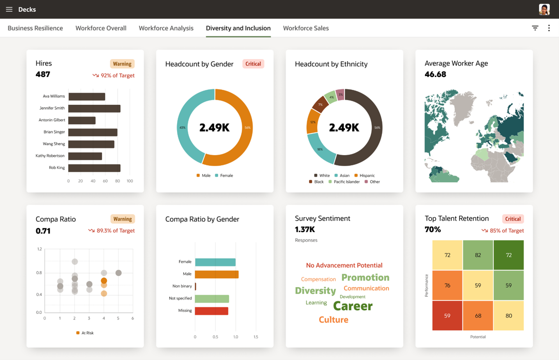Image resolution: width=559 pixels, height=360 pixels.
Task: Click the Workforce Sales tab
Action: coord(305,28)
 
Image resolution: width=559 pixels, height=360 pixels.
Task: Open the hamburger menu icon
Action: coord(9,9)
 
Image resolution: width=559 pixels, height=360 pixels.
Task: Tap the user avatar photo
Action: coord(544,9)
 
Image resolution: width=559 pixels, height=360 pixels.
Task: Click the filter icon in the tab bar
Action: coord(535,28)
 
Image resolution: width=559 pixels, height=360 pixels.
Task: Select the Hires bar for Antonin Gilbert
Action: coord(82,120)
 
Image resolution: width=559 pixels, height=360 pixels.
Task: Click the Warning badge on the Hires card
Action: coord(122,64)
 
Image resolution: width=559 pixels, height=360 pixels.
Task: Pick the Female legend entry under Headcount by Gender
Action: coord(224,176)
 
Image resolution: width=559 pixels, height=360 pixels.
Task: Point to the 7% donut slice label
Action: coord(320,105)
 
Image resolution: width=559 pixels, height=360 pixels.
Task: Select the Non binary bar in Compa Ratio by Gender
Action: coord(196,286)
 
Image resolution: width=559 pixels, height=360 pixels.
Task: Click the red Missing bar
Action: coord(211,311)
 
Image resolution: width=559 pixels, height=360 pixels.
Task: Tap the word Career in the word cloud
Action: coord(353,306)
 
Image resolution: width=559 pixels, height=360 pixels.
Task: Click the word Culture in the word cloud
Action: coord(333,319)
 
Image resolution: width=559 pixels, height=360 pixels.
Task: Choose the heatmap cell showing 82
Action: coord(478,255)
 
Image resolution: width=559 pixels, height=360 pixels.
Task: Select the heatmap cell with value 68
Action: coord(478,315)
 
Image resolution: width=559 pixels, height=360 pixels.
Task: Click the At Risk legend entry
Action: coord(85,333)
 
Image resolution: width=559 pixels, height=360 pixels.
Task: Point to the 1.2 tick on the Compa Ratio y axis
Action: coord(40,249)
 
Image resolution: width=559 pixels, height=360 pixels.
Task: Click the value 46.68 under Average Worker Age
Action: coord(435,74)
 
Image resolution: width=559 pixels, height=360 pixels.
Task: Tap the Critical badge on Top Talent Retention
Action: coord(513,219)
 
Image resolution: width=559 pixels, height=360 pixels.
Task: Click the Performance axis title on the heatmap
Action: coord(426,286)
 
